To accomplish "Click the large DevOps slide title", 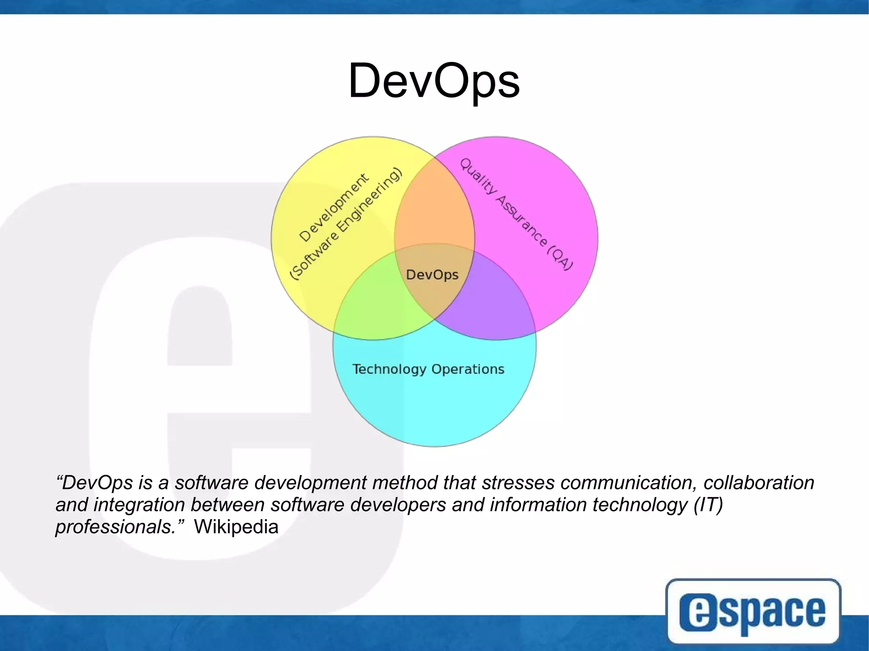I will coord(434,81).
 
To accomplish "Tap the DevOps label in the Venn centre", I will coord(432,275).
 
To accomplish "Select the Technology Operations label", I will coord(428,369).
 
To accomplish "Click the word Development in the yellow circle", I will coord(334,207).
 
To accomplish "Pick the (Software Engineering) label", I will coord(345,224).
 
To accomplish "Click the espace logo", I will coord(753,611).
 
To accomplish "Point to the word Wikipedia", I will coord(236,527).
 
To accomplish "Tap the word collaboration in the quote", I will coord(759,483).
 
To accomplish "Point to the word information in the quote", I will coord(538,505).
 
